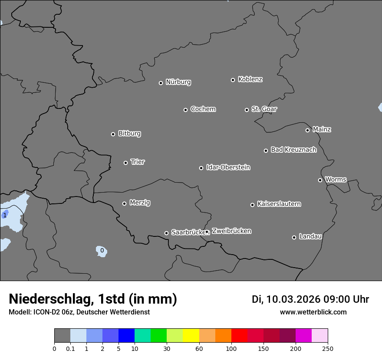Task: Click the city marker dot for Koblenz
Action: pos(233,80)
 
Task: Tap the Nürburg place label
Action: pos(178,82)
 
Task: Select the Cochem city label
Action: pos(203,109)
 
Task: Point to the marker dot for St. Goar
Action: pos(247,110)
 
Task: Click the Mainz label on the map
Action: pos(322,129)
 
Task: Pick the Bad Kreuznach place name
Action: pos(293,150)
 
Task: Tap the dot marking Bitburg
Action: pos(113,134)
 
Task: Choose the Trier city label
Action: pos(138,162)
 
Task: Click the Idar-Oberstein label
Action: pos(228,167)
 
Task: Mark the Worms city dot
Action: pos(320,180)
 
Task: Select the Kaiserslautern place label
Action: pos(279,204)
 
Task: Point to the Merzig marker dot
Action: pos(124,203)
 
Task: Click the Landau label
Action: pos(310,236)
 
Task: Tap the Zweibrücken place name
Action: pos(231,231)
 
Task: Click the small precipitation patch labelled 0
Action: pos(102,251)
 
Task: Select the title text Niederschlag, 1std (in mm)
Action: pos(93,299)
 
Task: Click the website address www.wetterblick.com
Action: pos(313,312)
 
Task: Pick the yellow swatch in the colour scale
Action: pos(191,336)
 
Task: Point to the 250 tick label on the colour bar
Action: pos(328,348)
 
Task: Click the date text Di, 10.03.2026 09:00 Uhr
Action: pos(310,299)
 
